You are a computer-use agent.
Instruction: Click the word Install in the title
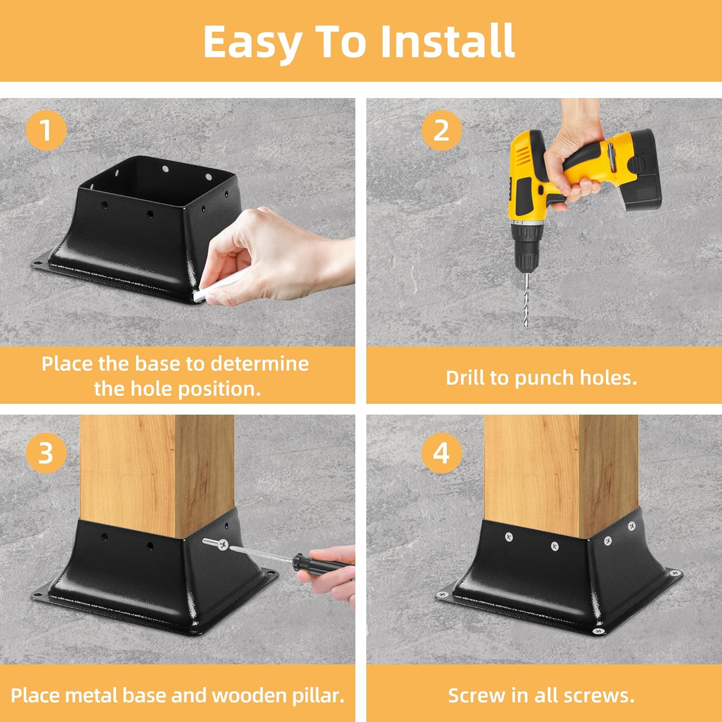[x=448, y=41]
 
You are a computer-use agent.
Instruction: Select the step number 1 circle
[x=45, y=130]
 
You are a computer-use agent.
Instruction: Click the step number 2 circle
[x=441, y=130]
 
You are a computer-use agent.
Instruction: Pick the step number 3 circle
[x=45, y=453]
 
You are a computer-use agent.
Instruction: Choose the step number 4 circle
[x=441, y=453]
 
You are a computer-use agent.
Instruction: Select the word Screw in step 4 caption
[x=477, y=696]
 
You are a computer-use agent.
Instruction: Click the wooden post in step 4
[x=561, y=472]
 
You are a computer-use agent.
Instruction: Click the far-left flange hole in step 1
[x=37, y=263]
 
